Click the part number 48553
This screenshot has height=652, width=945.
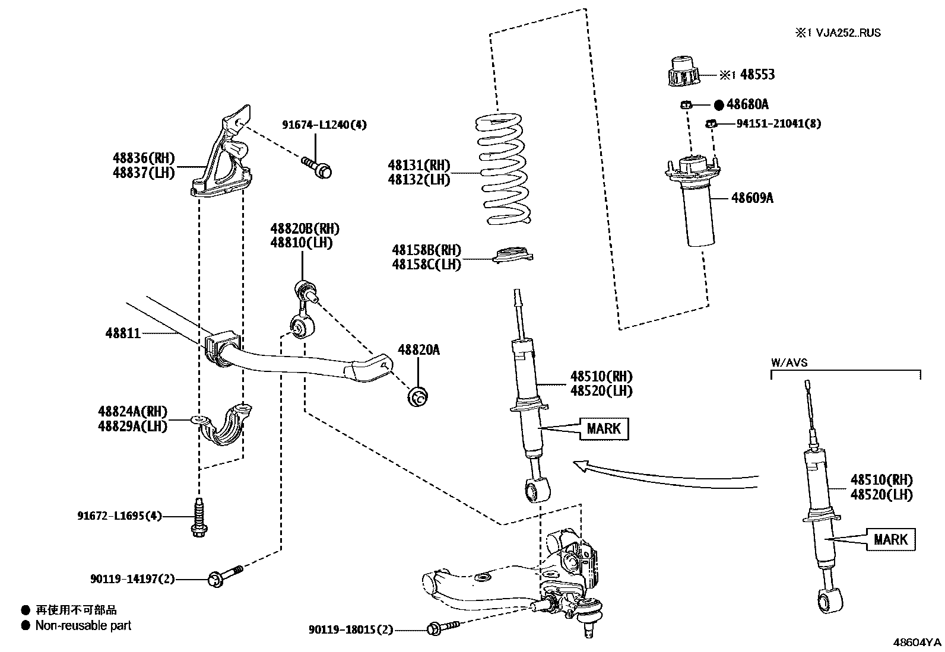click(x=757, y=75)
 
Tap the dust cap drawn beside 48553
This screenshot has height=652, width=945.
click(x=684, y=72)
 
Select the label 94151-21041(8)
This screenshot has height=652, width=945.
click(x=779, y=124)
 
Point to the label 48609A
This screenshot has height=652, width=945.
click(x=752, y=198)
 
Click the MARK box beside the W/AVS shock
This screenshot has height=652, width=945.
click(x=890, y=539)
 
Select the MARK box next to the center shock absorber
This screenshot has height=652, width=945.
click(x=603, y=428)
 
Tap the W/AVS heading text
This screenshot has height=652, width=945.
click(x=789, y=362)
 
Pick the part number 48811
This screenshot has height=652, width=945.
click(x=123, y=333)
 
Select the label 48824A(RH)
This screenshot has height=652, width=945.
click(x=132, y=411)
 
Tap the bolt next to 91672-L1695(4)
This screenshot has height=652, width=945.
click(x=198, y=518)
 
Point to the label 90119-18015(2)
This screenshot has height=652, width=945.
click(x=351, y=630)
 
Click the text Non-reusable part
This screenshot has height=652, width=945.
click(x=83, y=625)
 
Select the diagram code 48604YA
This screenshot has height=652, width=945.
click(x=918, y=643)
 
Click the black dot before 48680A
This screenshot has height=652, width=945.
click(x=718, y=105)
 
